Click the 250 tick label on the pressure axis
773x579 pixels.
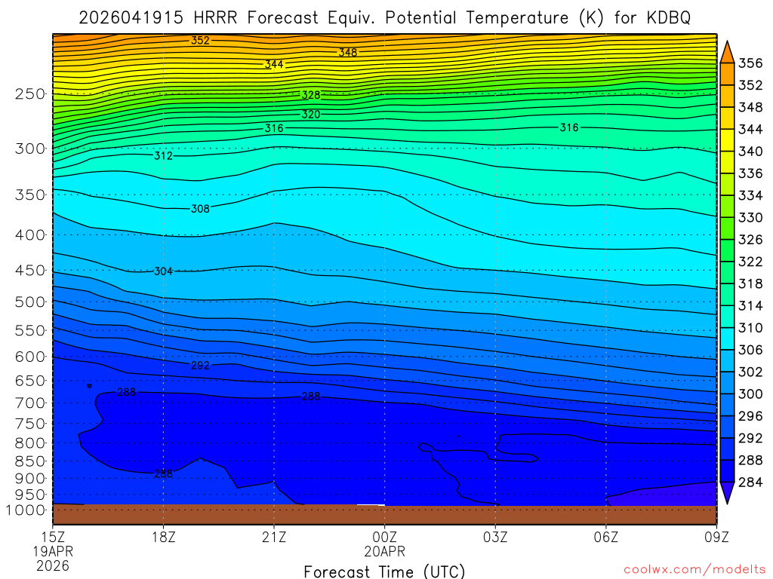click(29, 94)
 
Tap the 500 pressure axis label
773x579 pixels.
click(29, 302)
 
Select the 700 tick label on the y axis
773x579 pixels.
click(29, 403)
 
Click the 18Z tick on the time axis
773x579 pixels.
click(164, 537)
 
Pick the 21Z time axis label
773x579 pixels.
click(274, 537)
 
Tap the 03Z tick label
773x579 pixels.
click(495, 537)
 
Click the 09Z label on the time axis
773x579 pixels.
click(716, 537)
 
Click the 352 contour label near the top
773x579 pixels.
click(200, 41)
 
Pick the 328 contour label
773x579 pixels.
click(311, 95)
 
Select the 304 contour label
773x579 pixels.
click(163, 271)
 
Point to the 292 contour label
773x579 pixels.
click(200, 366)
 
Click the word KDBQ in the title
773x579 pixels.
click(665, 17)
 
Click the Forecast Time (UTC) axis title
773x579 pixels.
click(384, 571)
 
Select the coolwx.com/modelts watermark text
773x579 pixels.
click(694, 567)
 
